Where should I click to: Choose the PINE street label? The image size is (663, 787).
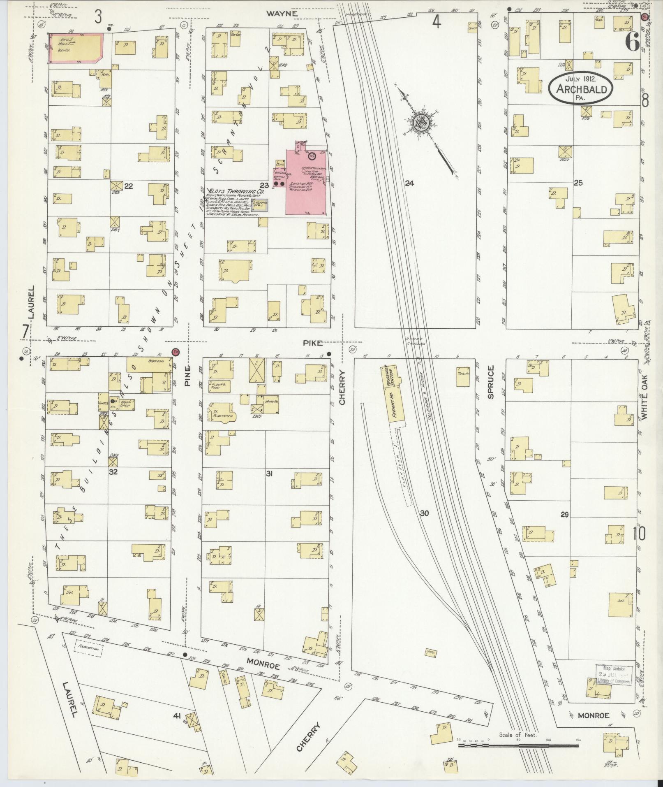[188, 375]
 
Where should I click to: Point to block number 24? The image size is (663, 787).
[409, 183]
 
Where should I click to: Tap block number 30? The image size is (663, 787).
[425, 513]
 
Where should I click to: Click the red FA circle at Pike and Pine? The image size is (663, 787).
[176, 352]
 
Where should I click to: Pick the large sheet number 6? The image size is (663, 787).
[632, 42]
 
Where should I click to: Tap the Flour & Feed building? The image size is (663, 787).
[221, 385]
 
